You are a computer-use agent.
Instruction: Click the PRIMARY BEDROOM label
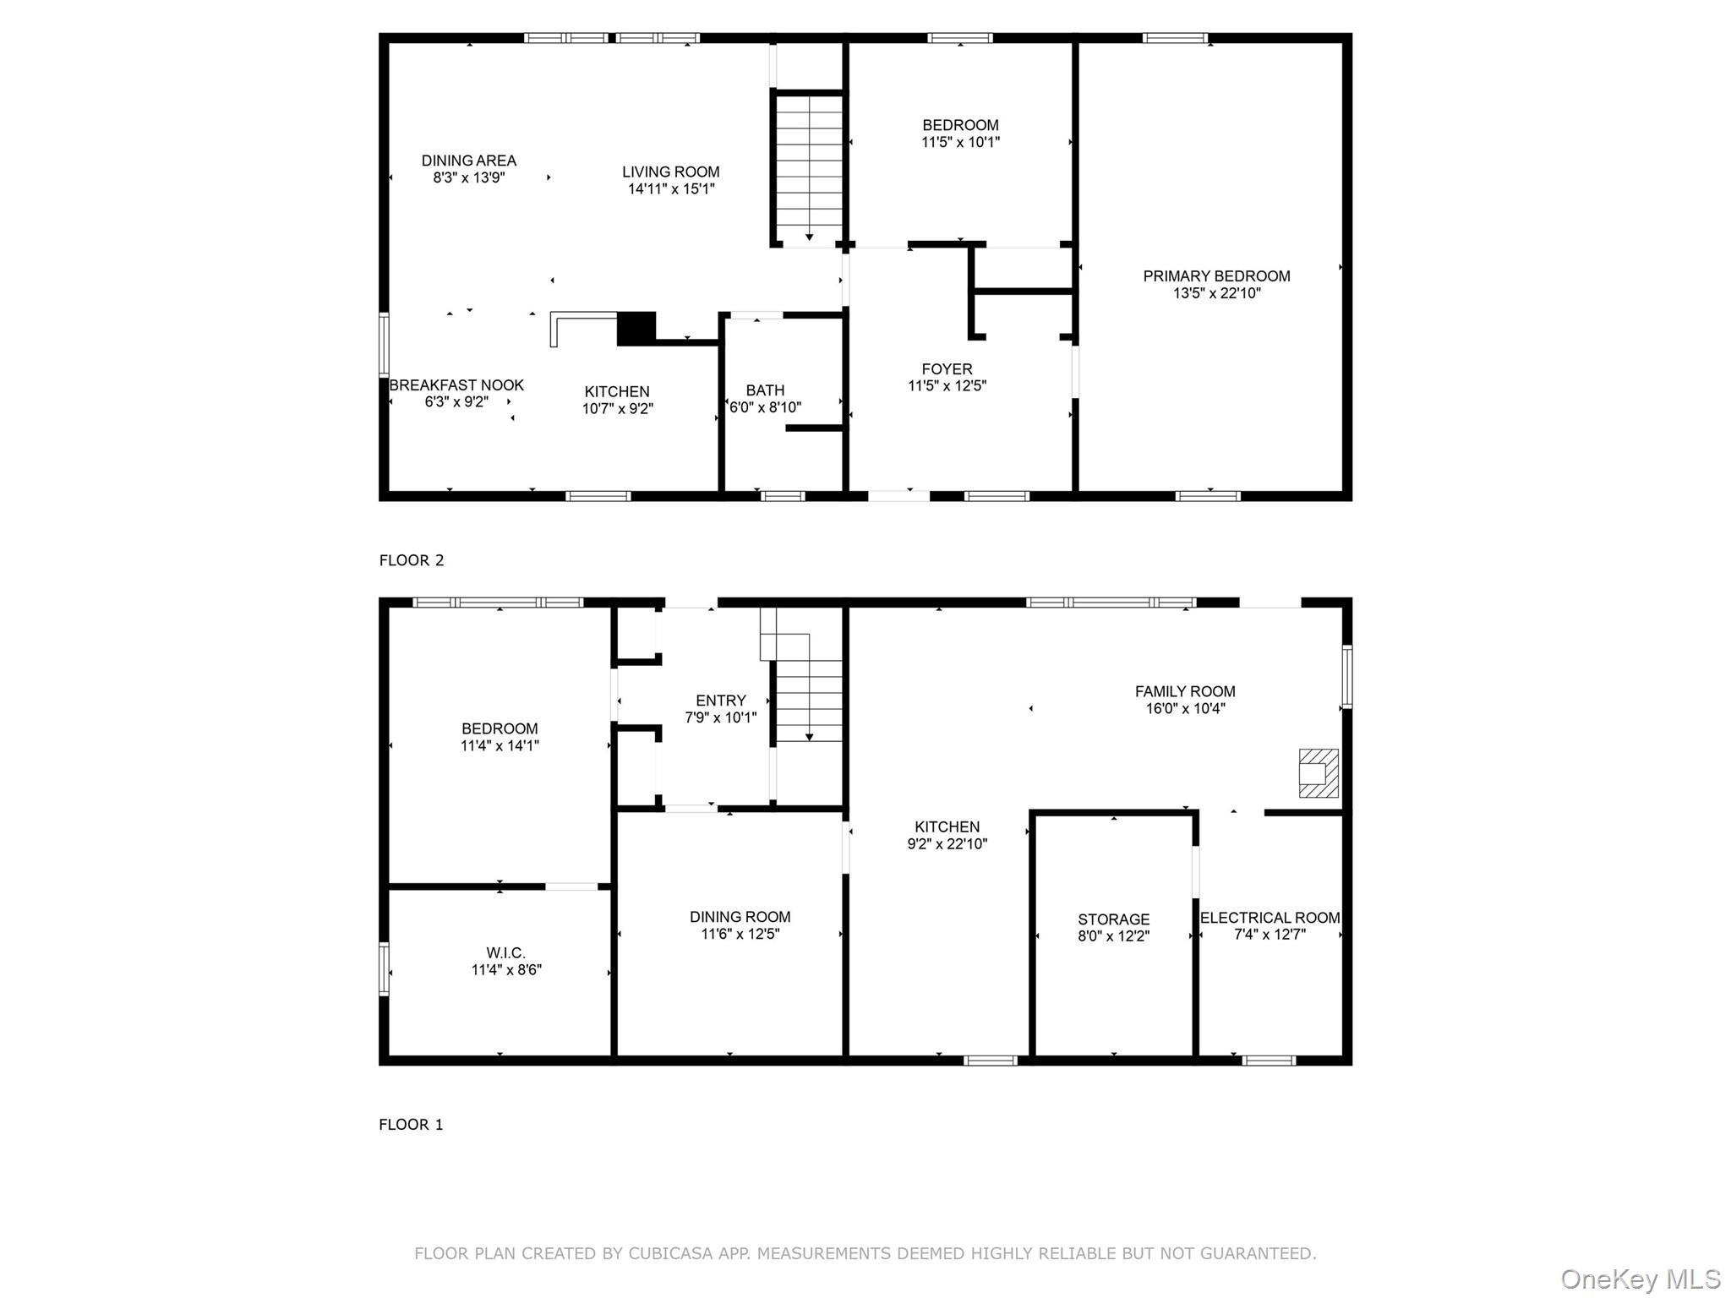[1216, 276]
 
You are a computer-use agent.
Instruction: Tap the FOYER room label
[947, 369]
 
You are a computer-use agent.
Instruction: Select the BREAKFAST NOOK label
[456, 385]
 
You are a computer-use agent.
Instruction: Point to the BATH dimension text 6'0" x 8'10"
[765, 407]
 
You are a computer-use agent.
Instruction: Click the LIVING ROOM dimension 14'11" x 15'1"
[671, 188]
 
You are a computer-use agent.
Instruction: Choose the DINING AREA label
[469, 161]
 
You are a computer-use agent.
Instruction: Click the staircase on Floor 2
[809, 169]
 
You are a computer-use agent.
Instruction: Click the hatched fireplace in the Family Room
[1319, 772]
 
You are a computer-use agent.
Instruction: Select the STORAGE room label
[1113, 919]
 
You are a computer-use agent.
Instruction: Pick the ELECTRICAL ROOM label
[1270, 918]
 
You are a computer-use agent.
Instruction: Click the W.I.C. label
[505, 953]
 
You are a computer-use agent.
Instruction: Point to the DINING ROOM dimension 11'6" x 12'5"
[740, 934]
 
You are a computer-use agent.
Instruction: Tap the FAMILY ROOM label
[1185, 691]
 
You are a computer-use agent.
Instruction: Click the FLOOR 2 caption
[412, 560]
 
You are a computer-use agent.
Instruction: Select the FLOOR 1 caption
[411, 1125]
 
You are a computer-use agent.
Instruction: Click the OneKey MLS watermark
[1641, 1279]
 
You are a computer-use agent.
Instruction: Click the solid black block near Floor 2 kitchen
[636, 329]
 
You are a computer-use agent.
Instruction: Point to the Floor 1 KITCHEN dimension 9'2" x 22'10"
[947, 843]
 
